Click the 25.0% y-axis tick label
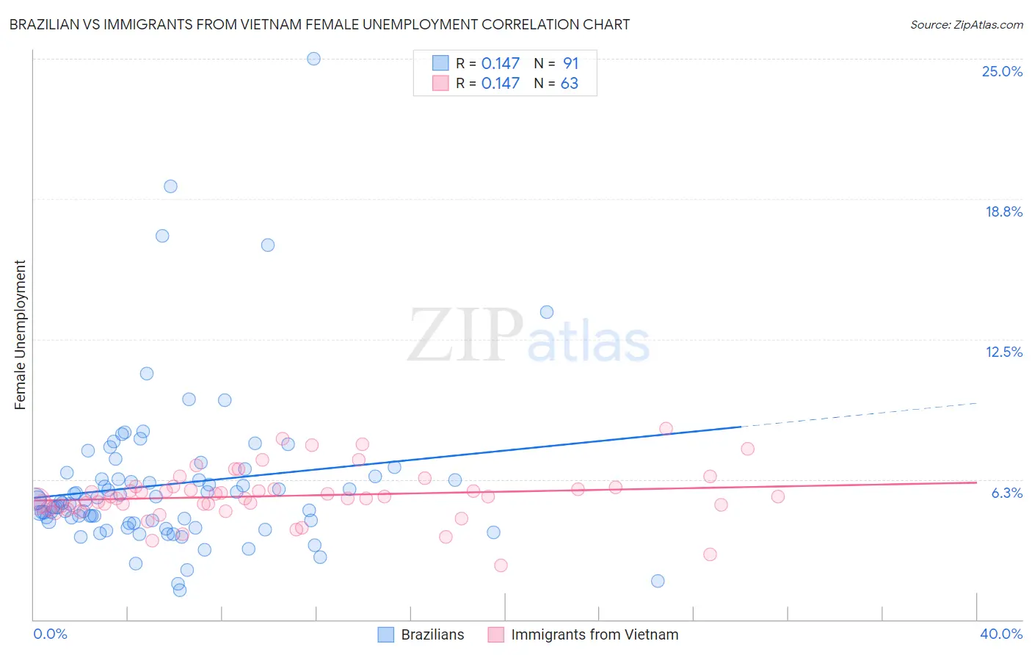point(1002,71)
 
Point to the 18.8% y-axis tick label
point(1003,211)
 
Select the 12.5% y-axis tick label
point(1003,352)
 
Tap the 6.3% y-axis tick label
point(1006,493)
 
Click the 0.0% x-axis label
point(50,634)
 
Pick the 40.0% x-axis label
point(1000,634)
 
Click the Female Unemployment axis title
point(20,334)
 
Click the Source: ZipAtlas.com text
point(966,24)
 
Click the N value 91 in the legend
point(570,63)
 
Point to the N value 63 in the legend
point(570,83)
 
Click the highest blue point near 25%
point(313,59)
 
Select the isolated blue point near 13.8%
point(547,312)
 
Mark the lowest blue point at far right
point(658,581)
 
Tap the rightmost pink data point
point(778,496)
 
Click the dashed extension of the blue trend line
point(859,415)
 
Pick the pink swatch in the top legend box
point(440,83)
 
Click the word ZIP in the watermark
point(465,335)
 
